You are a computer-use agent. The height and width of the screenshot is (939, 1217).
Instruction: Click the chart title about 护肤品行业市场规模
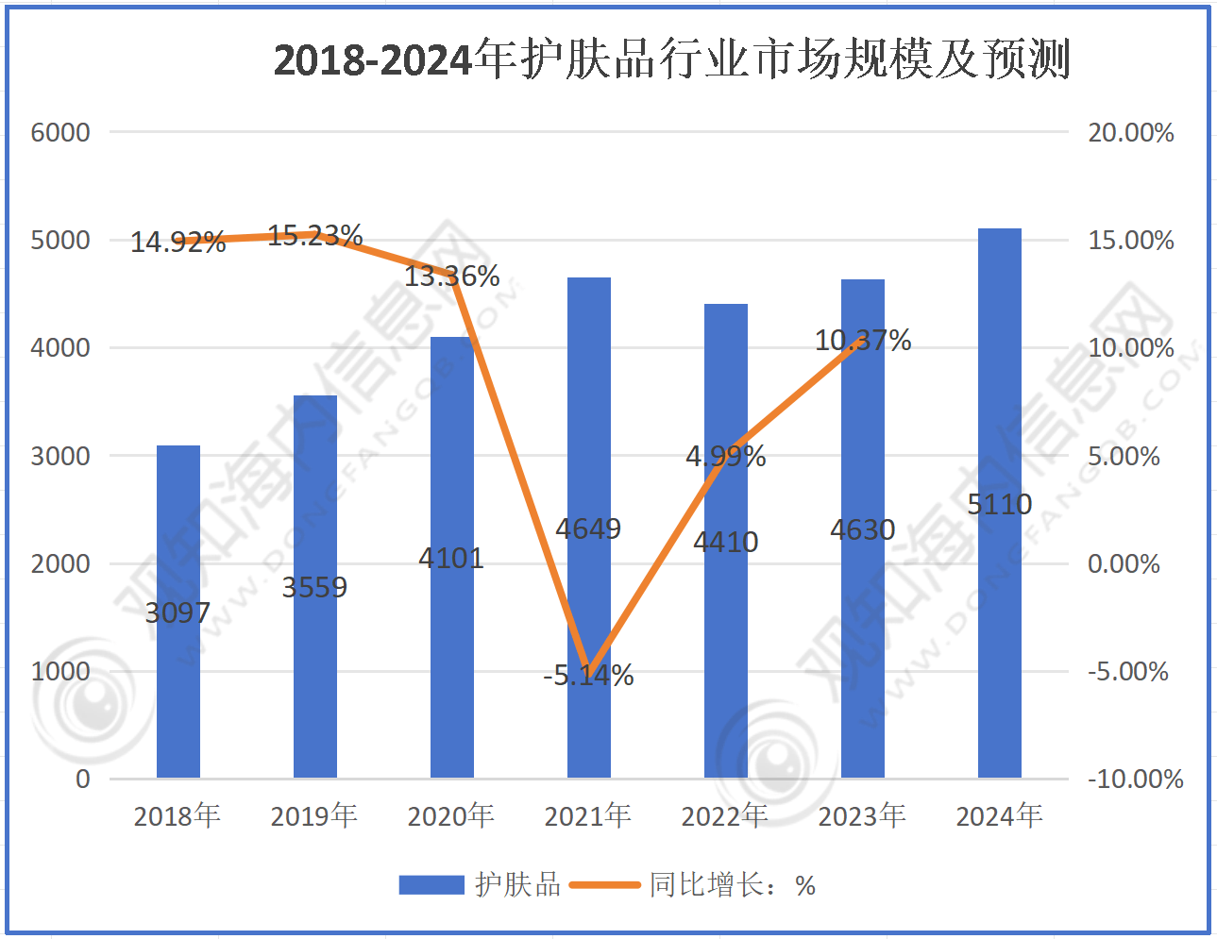coord(671,59)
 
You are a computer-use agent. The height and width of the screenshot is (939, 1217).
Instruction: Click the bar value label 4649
coord(588,528)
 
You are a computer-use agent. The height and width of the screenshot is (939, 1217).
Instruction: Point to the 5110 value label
coord(1000,504)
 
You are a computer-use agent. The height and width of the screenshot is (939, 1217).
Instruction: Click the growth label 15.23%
coord(315,235)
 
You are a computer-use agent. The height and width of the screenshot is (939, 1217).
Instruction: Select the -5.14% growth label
coord(588,675)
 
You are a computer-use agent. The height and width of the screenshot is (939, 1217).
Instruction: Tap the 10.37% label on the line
coord(863,340)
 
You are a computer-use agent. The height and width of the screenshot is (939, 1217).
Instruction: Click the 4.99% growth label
coord(725,456)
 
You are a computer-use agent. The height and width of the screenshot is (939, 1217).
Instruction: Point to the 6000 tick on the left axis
coord(60,132)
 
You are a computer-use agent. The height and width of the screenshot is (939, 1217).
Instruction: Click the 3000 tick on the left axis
coord(60,456)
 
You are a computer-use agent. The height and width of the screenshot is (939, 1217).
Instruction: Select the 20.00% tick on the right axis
coord(1131,132)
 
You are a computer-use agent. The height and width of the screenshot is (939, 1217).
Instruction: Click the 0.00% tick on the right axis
coord(1124,563)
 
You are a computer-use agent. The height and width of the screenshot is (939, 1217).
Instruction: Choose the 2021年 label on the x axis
coord(588,815)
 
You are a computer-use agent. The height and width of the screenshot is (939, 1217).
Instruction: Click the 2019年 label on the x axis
coord(314,815)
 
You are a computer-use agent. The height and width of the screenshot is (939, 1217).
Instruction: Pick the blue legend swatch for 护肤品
coord(431,885)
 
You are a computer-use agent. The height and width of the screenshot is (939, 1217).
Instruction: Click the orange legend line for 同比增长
coord(605,885)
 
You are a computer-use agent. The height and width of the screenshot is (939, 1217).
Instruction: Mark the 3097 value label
coord(177,612)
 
